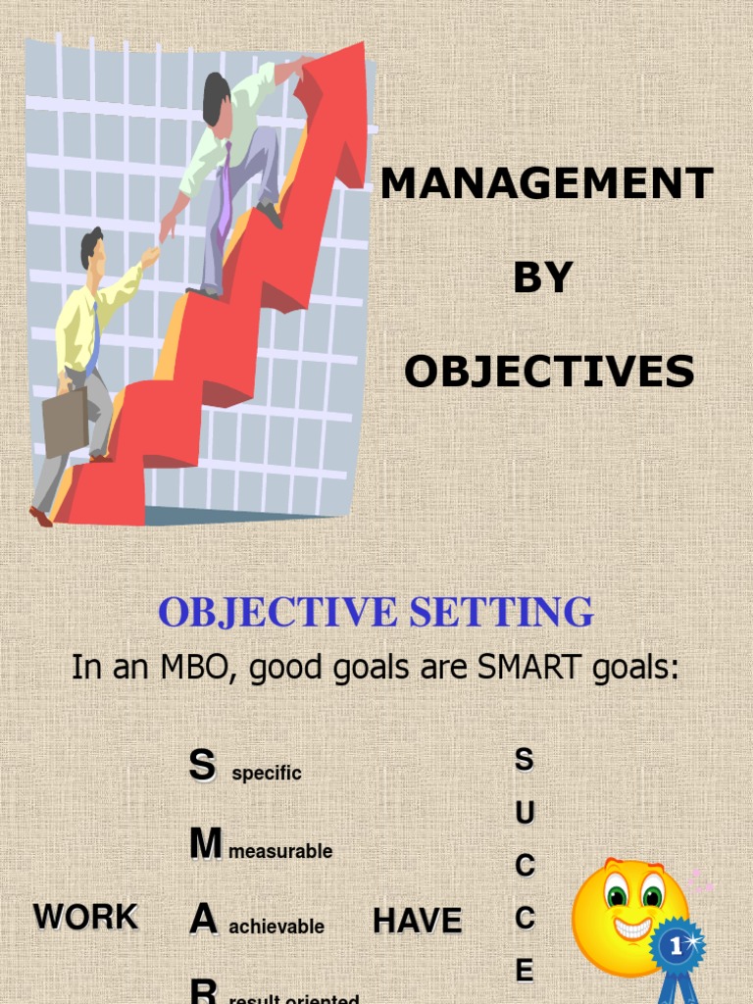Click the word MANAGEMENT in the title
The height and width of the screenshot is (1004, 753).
546,183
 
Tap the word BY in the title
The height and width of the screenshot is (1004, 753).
542,278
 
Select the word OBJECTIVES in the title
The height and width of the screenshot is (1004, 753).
549,373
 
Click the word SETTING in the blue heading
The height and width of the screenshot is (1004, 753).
501,612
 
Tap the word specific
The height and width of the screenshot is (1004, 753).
266,774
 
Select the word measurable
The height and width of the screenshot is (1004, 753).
280,852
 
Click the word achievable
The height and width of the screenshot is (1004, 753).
276,927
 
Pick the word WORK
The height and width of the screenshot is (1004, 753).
85,918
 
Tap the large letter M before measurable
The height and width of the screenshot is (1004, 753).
206,844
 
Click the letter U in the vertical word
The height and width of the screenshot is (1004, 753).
525,813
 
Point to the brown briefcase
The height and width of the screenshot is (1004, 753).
65,421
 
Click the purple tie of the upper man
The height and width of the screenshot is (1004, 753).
225,191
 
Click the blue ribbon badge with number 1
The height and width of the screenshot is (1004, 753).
677,949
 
